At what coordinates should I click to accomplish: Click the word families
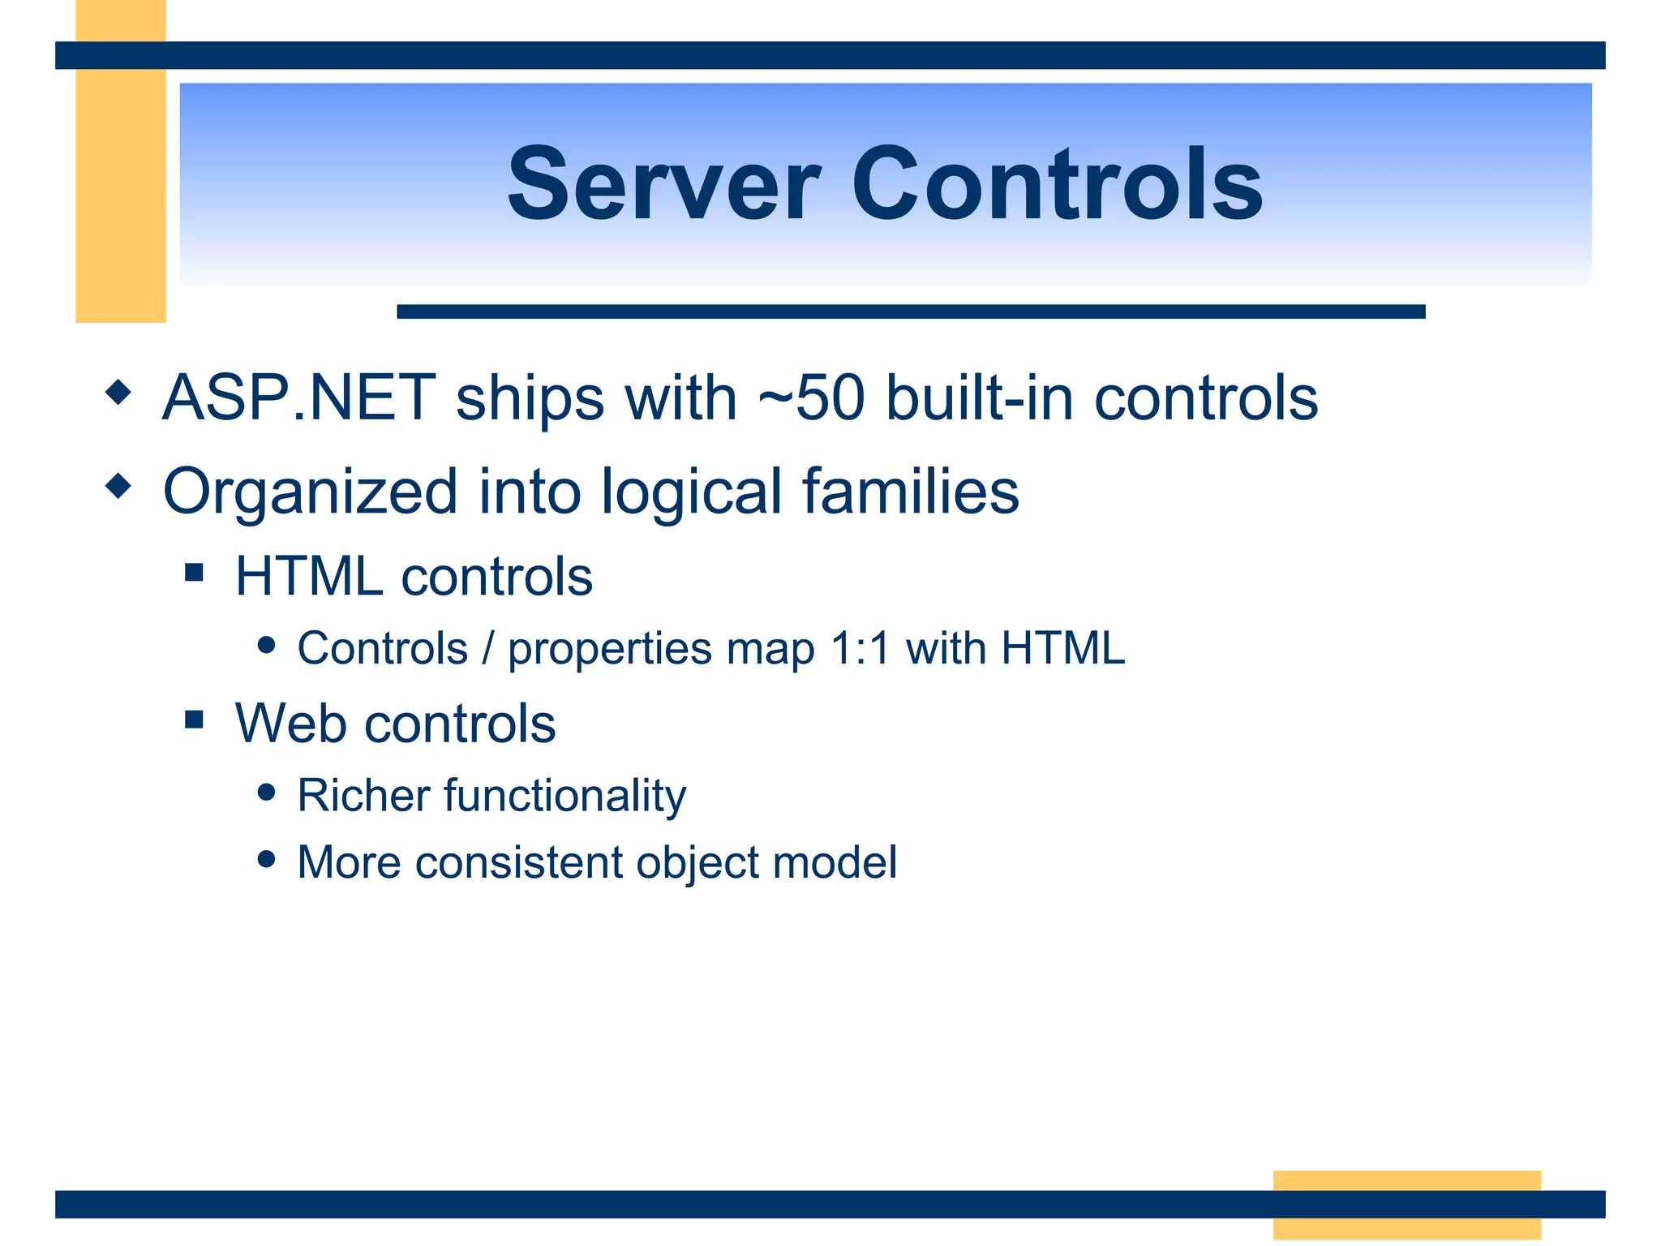(910, 491)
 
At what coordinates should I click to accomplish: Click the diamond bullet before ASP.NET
(118, 393)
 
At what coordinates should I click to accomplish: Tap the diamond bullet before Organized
(118, 486)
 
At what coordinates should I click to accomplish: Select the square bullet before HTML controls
(194, 573)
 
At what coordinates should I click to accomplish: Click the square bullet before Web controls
(194, 719)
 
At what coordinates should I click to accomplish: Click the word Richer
(363, 795)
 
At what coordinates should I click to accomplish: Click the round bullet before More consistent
(266, 858)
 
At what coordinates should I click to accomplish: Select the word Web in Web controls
(288, 723)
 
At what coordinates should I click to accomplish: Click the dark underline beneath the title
(910, 311)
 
